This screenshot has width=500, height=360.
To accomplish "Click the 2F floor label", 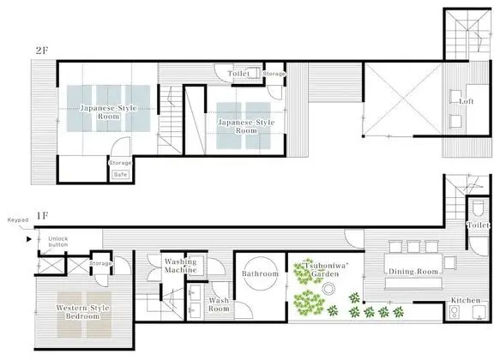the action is pyautogui.click(x=42, y=50).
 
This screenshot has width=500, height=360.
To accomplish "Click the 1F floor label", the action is pyautogui.click(x=42, y=216).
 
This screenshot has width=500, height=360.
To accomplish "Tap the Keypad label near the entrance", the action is pyautogui.click(x=18, y=220).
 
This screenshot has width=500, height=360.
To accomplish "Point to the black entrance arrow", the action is pyautogui.click(x=29, y=239).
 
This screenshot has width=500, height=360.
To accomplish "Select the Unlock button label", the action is pyautogui.click(x=58, y=242).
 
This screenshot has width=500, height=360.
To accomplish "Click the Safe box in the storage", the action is pyautogui.click(x=121, y=175).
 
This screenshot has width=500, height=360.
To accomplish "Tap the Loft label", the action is pyautogui.click(x=467, y=101).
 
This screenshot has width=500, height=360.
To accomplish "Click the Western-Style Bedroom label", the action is pyautogui.click(x=83, y=312).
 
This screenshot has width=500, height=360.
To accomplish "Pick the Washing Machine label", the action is pyautogui.click(x=180, y=266).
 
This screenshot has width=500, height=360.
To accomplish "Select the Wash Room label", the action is pyautogui.click(x=219, y=304).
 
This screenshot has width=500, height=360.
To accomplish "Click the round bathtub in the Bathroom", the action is pyautogui.click(x=260, y=273).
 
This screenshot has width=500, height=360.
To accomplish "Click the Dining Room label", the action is pyautogui.click(x=413, y=272).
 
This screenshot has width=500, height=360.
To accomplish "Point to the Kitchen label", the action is pyautogui.click(x=465, y=300).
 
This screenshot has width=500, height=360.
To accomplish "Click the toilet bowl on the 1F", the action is pyautogui.click(x=478, y=207).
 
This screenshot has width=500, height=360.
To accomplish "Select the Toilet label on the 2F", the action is pyautogui.click(x=238, y=74).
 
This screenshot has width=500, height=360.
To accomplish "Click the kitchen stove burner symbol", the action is pyautogui.click(x=454, y=312).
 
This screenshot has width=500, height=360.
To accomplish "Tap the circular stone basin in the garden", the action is pyautogui.click(x=328, y=289).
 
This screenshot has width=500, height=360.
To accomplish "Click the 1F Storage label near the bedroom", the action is pyautogui.click(x=100, y=263).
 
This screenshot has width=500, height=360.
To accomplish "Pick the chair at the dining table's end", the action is pyautogui.click(x=450, y=263).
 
